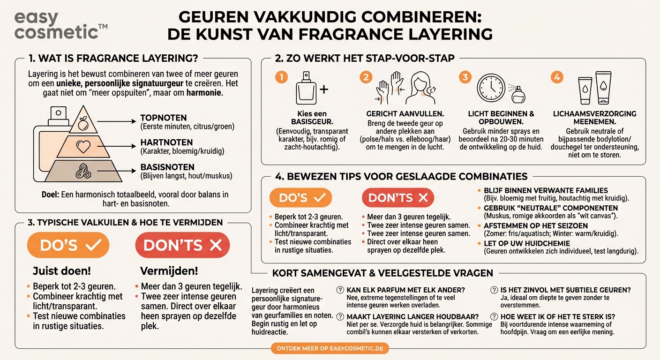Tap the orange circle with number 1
tap(281, 76)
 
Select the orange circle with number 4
tap(556, 76)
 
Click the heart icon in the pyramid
tap(83, 147)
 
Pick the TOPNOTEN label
tap(164, 118)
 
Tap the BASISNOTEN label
tap(167, 167)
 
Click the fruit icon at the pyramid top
tap(83, 124)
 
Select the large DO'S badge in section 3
tap(70, 245)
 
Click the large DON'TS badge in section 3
tap(182, 245)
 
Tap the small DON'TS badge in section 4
tap(398, 198)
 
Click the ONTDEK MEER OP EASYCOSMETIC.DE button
tap(330, 348)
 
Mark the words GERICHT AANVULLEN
tap(405, 114)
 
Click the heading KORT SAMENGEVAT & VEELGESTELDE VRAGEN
tap(382, 273)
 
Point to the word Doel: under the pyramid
tap(50, 194)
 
